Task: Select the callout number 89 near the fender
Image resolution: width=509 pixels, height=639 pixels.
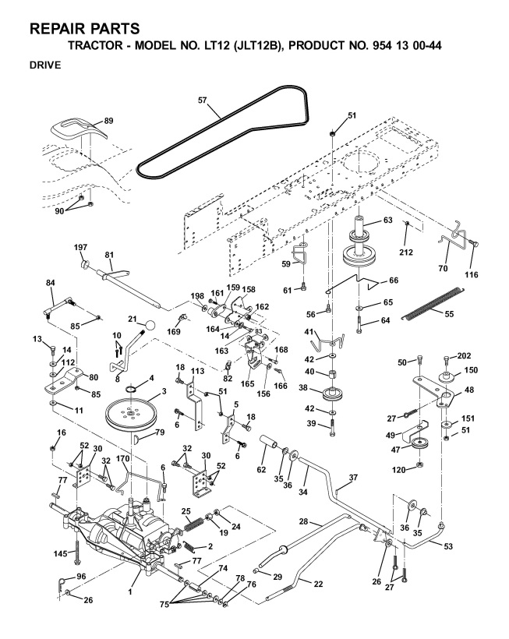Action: (x=108, y=121)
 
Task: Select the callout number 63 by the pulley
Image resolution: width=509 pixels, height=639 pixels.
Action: (x=387, y=221)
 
